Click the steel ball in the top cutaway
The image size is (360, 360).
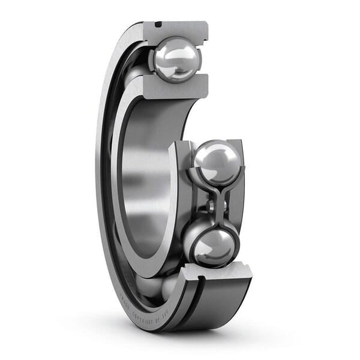(175, 58)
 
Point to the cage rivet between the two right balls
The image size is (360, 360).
(212, 204)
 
